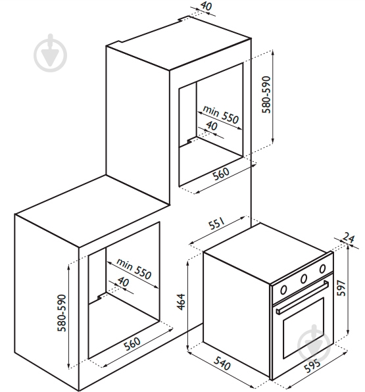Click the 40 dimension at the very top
(x=207, y=6)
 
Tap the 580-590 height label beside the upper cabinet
(x=266, y=95)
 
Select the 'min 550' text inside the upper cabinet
(x=221, y=114)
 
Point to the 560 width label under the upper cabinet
(x=221, y=173)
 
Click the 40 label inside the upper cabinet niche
(x=212, y=126)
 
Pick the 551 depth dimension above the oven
(x=217, y=224)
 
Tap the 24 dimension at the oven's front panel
(x=349, y=237)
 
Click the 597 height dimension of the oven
(x=341, y=288)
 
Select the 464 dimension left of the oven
(x=182, y=302)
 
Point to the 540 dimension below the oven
(x=222, y=364)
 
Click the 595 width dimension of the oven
(x=312, y=366)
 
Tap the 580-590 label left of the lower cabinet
(x=62, y=313)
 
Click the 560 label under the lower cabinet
(x=132, y=344)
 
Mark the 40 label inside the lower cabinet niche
(x=123, y=282)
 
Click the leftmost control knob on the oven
(x=283, y=290)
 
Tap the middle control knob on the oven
(x=304, y=278)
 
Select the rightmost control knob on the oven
(x=322, y=269)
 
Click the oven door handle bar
(x=303, y=297)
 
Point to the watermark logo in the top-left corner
(x=51, y=53)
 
